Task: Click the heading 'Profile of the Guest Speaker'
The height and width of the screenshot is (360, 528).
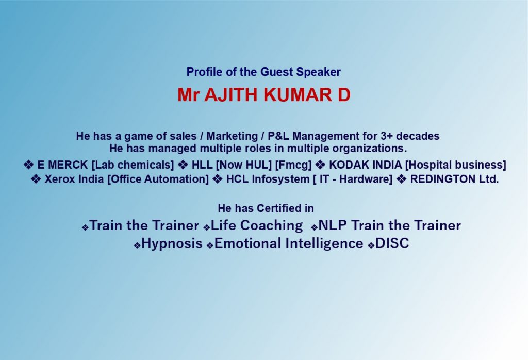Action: click(x=263, y=72)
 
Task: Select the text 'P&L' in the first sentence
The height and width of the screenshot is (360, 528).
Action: click(x=278, y=136)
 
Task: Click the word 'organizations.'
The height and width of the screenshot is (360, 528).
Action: click(x=370, y=149)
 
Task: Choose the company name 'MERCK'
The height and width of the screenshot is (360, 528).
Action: click(x=68, y=165)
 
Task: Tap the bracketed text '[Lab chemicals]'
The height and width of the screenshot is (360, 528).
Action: click(x=133, y=165)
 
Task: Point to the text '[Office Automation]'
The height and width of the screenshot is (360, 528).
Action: click(x=158, y=179)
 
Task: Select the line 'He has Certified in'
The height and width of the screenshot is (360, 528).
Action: click(x=266, y=208)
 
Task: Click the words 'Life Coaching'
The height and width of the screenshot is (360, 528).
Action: click(x=257, y=225)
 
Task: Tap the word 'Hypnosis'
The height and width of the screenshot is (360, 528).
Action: click(x=172, y=243)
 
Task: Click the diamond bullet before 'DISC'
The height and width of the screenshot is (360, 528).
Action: click(x=371, y=246)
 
